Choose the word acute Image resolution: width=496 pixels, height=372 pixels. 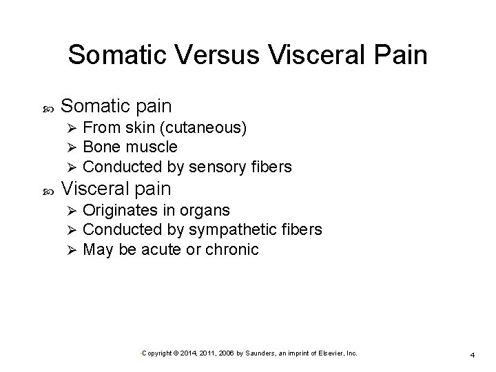[x=163, y=249]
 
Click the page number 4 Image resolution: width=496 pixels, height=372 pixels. [x=473, y=354]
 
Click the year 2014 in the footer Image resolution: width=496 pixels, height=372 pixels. [x=188, y=353]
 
